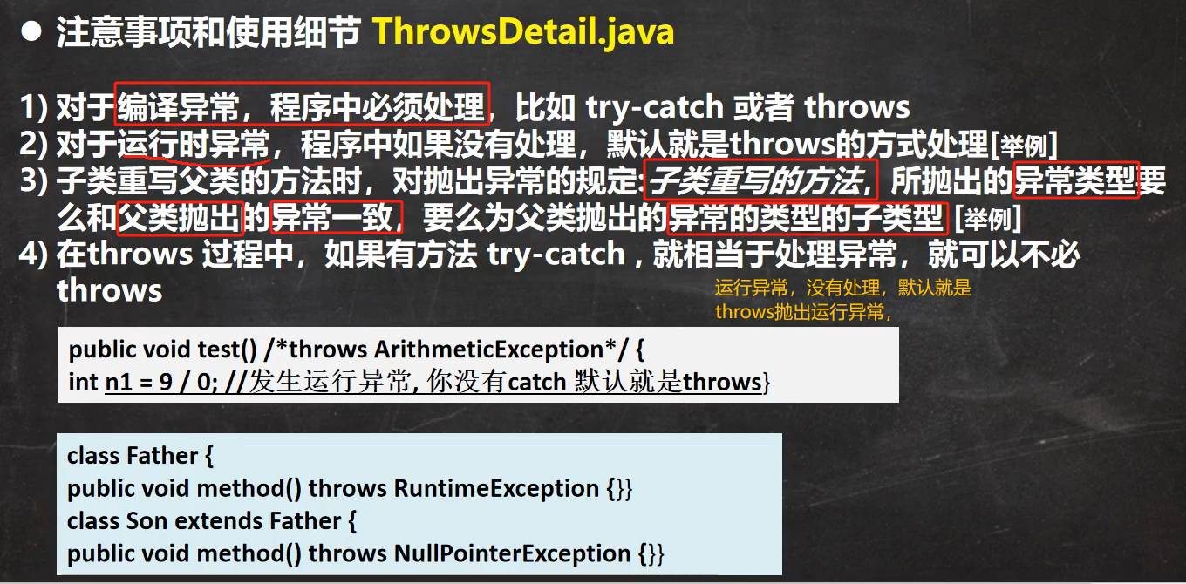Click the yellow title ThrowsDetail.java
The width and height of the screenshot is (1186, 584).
(x=523, y=31)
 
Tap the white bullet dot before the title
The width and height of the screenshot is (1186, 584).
(x=31, y=31)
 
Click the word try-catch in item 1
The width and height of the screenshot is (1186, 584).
(x=654, y=107)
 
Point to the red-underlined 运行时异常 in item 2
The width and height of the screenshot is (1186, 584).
(x=194, y=144)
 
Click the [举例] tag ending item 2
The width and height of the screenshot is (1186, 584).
(x=1024, y=145)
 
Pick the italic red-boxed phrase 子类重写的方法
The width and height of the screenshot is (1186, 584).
(x=760, y=180)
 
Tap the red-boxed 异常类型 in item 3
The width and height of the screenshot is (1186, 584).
(x=1076, y=180)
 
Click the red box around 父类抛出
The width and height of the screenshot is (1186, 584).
(x=180, y=217)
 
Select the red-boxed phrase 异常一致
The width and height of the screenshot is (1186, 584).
(x=337, y=217)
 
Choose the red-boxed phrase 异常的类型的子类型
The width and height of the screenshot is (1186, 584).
(x=808, y=217)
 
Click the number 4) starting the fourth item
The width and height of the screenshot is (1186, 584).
(x=33, y=255)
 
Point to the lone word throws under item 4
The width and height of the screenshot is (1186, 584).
(x=110, y=290)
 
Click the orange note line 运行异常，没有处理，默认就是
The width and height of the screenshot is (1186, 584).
(x=843, y=288)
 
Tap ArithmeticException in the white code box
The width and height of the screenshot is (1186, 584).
(x=488, y=350)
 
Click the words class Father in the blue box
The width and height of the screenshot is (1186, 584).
(x=133, y=456)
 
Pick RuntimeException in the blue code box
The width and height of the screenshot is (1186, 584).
(x=496, y=488)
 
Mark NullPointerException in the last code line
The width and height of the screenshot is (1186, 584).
(x=512, y=553)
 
